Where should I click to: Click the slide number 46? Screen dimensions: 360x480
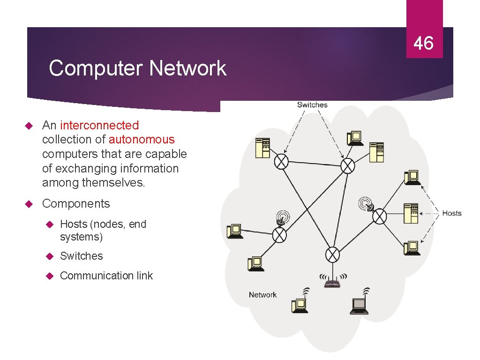coord(423,44)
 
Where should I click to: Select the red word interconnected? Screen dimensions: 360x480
coord(99,125)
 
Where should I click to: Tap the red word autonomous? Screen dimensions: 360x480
coord(142,140)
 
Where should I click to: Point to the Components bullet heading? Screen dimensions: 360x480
coord(76,204)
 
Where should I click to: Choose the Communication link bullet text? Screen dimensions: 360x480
coord(106,276)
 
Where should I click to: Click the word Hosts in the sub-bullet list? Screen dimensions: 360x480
coord(73,224)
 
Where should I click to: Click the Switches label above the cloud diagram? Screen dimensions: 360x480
coord(312,105)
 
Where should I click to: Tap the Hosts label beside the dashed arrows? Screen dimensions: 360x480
coord(451,213)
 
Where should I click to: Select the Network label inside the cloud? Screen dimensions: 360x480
coord(262,295)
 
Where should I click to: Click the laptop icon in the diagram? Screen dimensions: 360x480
coord(359,306)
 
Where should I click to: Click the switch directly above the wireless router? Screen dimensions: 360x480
coord(332,255)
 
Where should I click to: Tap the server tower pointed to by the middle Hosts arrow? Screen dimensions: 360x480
coord(411,214)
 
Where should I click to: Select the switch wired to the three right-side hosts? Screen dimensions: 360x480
coord(379,217)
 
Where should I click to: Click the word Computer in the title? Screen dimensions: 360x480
coord(96,68)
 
